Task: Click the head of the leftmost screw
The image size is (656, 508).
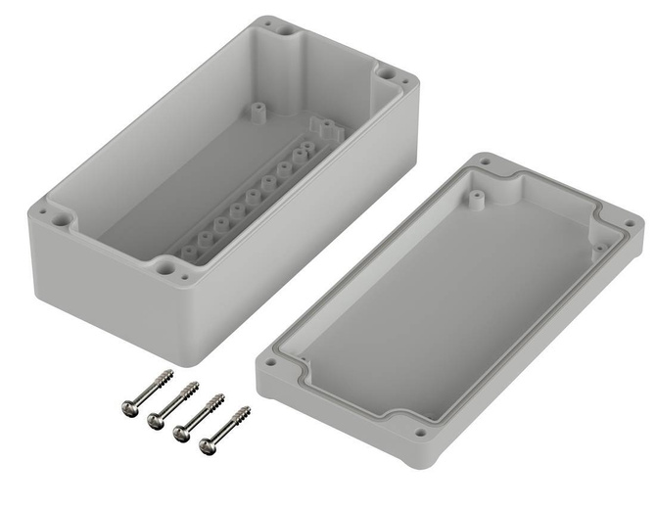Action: (129, 405)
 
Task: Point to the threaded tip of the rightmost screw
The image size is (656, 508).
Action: (247, 410)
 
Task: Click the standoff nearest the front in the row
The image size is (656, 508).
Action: (188, 252)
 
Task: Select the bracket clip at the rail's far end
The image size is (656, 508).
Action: (323, 128)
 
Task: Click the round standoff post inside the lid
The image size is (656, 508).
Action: (476, 198)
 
